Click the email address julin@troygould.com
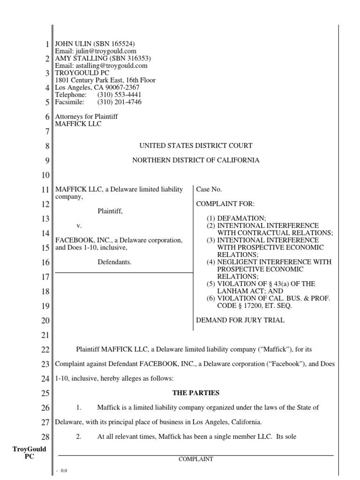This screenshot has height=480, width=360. click(x=105, y=51)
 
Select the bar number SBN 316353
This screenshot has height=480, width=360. click(x=132, y=59)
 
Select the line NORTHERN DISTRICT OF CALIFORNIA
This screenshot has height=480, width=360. click(x=195, y=160)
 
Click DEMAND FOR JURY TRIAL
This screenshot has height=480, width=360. click(x=240, y=321)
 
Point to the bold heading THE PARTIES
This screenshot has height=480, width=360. click(x=195, y=393)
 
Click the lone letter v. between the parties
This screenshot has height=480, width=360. click(x=79, y=226)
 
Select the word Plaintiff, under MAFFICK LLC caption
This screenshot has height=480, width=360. click(x=110, y=211)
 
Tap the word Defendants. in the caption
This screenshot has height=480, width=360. click(x=114, y=262)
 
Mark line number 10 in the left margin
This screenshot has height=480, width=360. click(x=45, y=176)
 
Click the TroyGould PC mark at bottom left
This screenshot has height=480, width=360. click(x=29, y=453)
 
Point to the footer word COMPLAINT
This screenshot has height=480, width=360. click(x=195, y=460)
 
